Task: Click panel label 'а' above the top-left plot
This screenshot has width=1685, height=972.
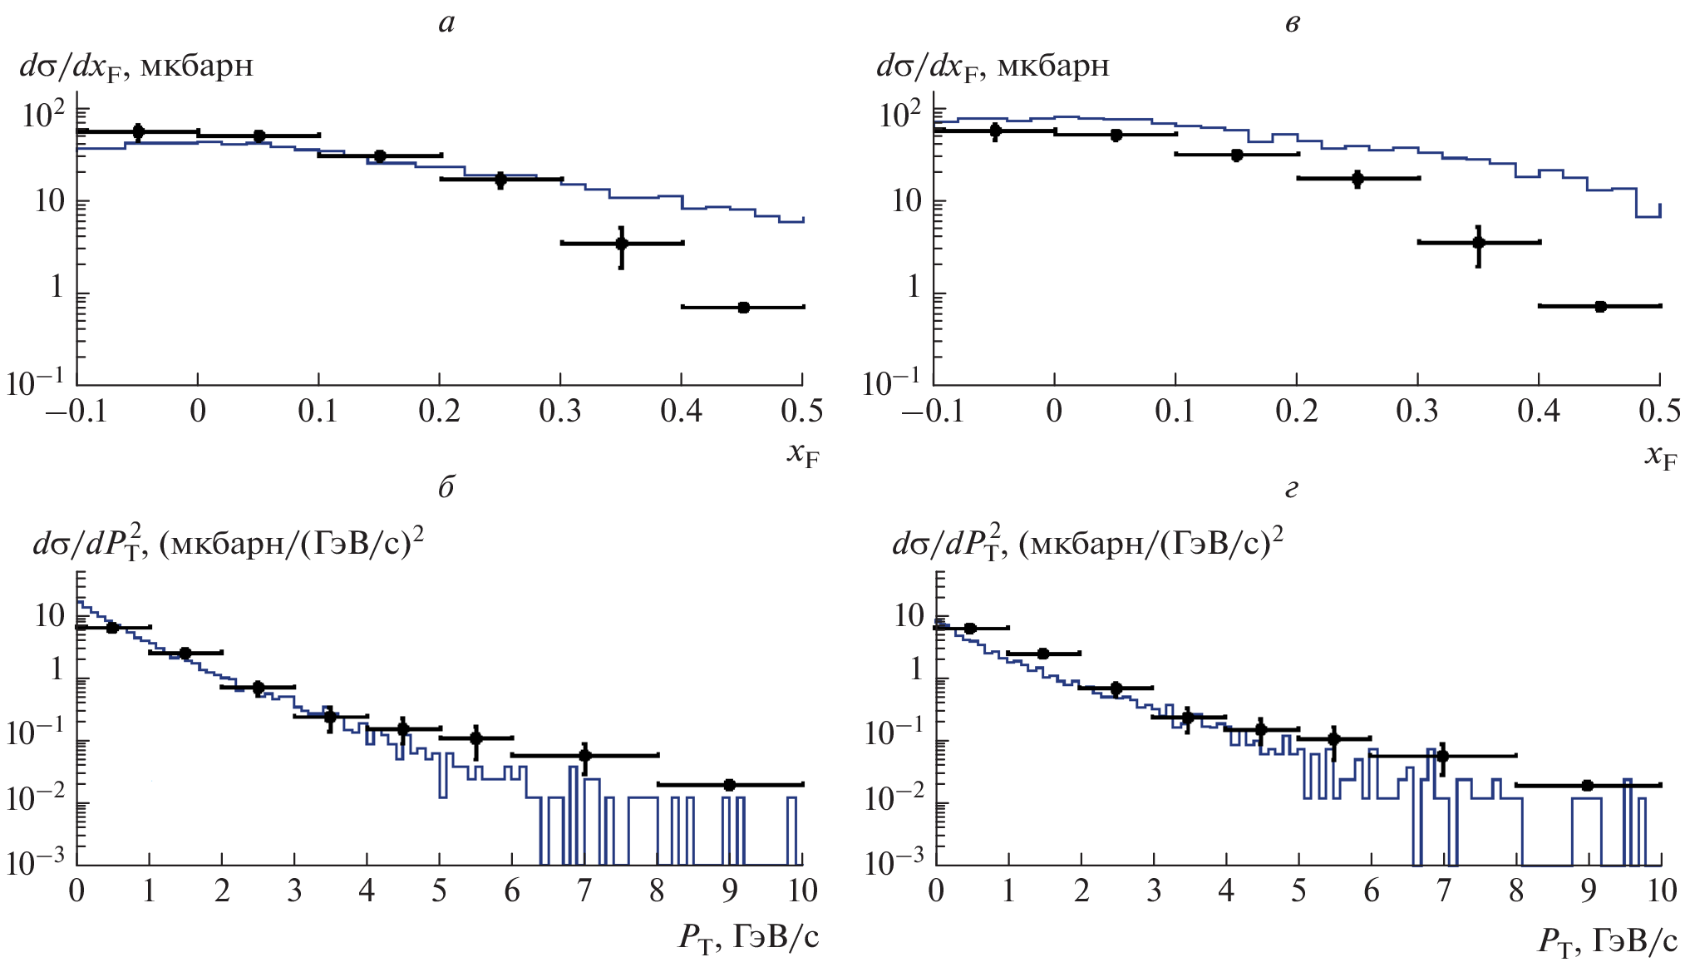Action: click(x=446, y=23)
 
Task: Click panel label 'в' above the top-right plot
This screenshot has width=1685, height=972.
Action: click(x=1292, y=23)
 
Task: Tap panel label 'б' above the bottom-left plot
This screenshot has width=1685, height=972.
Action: click(x=446, y=487)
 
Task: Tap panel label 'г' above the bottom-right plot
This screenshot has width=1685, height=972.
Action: click(x=1291, y=489)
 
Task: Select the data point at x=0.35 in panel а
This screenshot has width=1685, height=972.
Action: click(x=621, y=244)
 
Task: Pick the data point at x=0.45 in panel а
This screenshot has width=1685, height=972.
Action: click(x=743, y=308)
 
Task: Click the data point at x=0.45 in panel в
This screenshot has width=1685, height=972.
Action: click(x=1600, y=307)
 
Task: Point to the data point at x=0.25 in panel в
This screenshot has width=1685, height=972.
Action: click(x=1357, y=179)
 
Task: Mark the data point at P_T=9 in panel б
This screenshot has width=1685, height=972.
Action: click(x=730, y=785)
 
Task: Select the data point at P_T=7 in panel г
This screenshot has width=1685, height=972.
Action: click(x=1442, y=756)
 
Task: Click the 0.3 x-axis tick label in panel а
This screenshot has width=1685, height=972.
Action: click(x=560, y=411)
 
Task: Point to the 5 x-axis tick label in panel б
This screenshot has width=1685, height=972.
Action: click(x=439, y=891)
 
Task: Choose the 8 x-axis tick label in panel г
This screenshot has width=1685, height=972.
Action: click(x=1516, y=891)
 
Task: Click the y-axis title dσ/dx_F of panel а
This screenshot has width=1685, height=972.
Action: click(x=136, y=67)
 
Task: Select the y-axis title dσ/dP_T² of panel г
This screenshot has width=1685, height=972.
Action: click(x=1087, y=542)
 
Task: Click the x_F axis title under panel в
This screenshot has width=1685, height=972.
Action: click(x=1660, y=456)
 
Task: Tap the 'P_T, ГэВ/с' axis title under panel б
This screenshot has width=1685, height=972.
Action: click(x=748, y=939)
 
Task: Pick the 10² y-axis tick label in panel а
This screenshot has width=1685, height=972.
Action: click(x=43, y=114)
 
